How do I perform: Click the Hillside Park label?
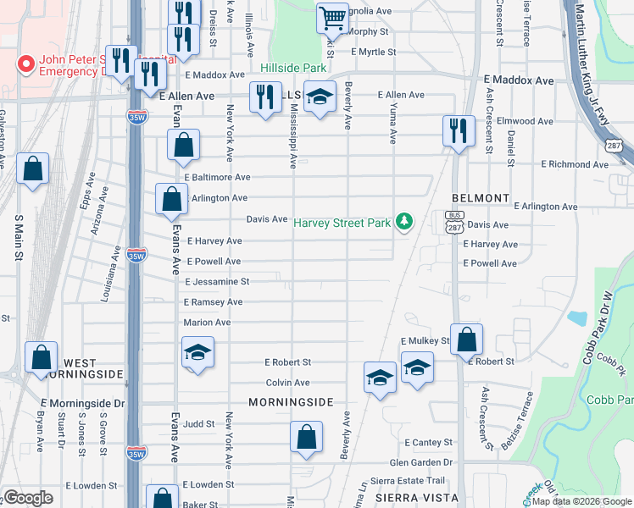click(294, 67)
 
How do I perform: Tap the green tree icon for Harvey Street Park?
click(405, 222)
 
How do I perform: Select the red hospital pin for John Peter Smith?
click(25, 63)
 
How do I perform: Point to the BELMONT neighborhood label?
click(481, 197)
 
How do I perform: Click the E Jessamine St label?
click(217, 281)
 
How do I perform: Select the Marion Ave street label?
click(207, 323)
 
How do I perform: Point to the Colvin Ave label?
click(287, 383)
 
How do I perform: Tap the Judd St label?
click(198, 423)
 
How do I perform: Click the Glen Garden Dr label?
click(421, 462)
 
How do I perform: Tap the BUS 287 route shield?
click(453, 217)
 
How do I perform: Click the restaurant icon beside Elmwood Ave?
click(459, 130)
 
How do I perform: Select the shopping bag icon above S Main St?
click(32, 168)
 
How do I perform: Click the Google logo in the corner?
click(28, 498)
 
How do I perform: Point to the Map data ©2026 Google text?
click(581, 501)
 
